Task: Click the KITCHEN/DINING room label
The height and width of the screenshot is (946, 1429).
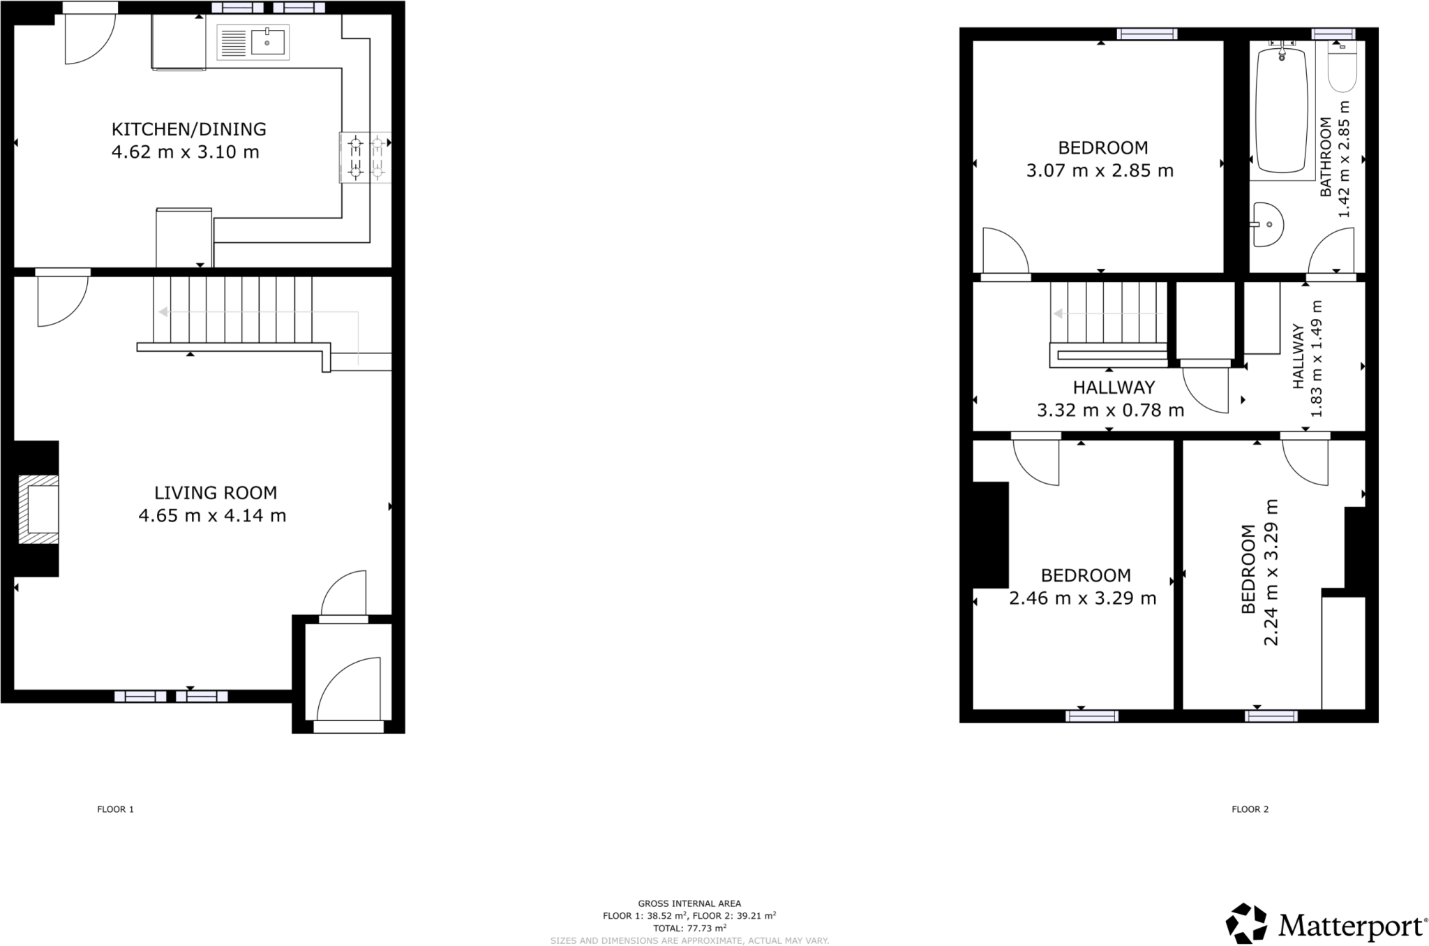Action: pos(188,129)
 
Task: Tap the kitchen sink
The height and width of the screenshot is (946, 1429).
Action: pos(253,43)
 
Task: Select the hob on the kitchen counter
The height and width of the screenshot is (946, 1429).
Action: pos(366,158)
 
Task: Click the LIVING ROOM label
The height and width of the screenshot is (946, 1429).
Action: pos(216,493)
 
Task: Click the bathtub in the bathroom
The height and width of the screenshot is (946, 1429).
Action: pos(1281,110)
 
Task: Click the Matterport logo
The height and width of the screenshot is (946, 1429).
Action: pos(1326,926)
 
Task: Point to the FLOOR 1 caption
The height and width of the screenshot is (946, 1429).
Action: pos(115,809)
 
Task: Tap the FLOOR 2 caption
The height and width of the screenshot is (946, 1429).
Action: pos(1250,809)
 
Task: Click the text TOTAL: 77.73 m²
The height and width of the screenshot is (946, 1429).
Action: pos(689,928)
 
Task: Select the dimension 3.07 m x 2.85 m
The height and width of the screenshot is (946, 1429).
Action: pos(1100,170)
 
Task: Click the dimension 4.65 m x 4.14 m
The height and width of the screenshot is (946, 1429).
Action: pos(212,516)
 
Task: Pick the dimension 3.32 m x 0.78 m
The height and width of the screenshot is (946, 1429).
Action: pos(1110,411)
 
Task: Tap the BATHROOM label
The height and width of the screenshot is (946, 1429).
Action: pos(1326,156)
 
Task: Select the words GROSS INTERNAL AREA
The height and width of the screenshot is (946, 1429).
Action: pos(689,903)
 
